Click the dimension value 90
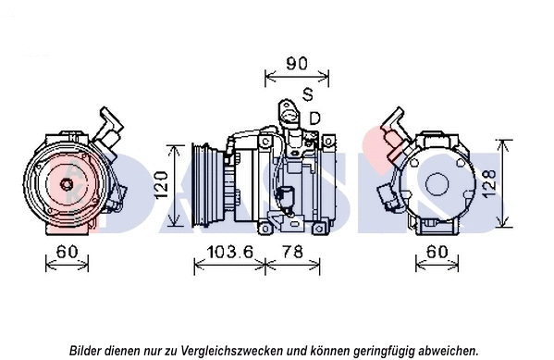click(x=295, y=64)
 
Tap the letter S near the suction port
click(x=308, y=94)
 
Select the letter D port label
click(x=314, y=118)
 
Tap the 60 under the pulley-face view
click(x=66, y=251)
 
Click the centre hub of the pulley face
click(x=68, y=183)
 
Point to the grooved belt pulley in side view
click(x=203, y=182)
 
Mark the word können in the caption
click(x=326, y=351)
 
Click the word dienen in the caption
click(x=128, y=351)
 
